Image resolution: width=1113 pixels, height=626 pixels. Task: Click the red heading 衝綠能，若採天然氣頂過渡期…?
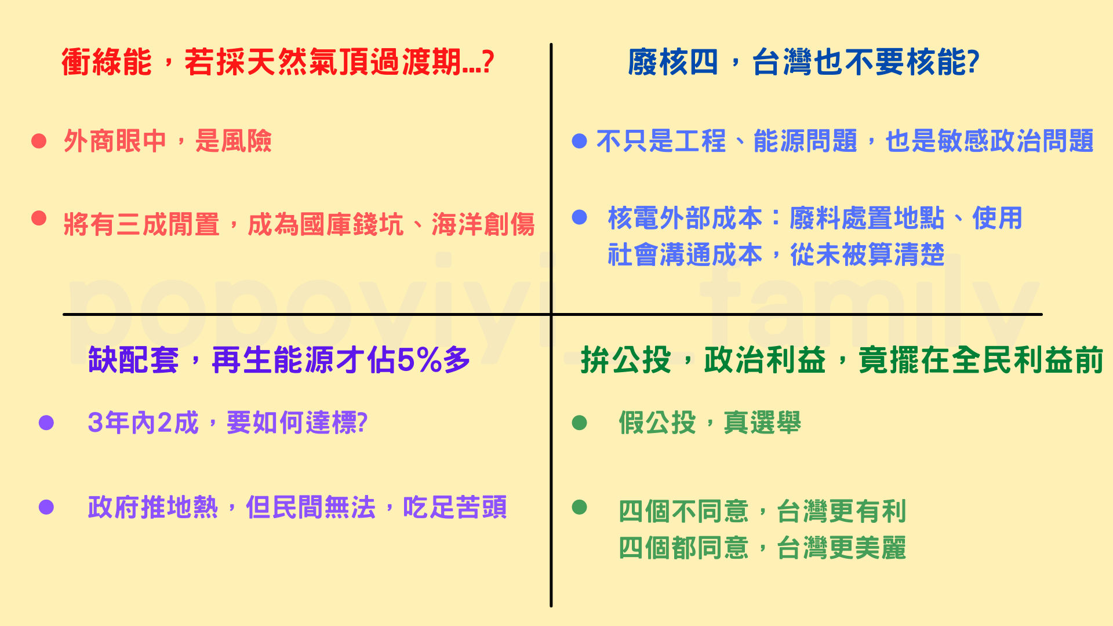click(x=278, y=62)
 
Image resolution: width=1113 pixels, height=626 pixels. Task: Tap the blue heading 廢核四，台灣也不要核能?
click(x=803, y=62)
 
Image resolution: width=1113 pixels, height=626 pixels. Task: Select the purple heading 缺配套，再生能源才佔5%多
click(x=279, y=360)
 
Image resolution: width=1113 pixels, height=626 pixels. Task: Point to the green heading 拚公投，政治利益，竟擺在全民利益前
click(x=842, y=360)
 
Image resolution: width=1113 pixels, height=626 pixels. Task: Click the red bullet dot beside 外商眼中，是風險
click(x=39, y=141)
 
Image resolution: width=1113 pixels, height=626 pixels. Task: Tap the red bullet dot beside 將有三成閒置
click(x=39, y=218)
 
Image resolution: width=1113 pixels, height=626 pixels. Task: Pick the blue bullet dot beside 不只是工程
click(x=580, y=141)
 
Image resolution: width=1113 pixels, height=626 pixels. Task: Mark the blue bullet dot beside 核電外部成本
click(x=580, y=217)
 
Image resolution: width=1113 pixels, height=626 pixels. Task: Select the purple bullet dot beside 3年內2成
click(x=46, y=423)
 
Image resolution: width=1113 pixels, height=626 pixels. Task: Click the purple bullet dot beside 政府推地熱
click(x=46, y=507)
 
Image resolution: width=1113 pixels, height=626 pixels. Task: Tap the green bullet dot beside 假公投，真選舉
click(x=580, y=423)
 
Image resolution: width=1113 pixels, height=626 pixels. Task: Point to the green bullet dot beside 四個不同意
click(x=580, y=507)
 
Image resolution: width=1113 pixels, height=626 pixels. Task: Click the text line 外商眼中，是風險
click(x=168, y=141)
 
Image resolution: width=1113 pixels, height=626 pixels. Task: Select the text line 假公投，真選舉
click(x=710, y=423)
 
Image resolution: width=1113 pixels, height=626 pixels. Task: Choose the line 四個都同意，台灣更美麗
click(x=762, y=548)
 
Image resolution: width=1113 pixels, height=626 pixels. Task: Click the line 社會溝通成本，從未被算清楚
click(x=776, y=254)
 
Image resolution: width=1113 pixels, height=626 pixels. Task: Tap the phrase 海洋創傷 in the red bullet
click(x=483, y=224)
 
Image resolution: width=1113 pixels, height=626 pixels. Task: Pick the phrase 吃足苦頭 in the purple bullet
click(x=455, y=507)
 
